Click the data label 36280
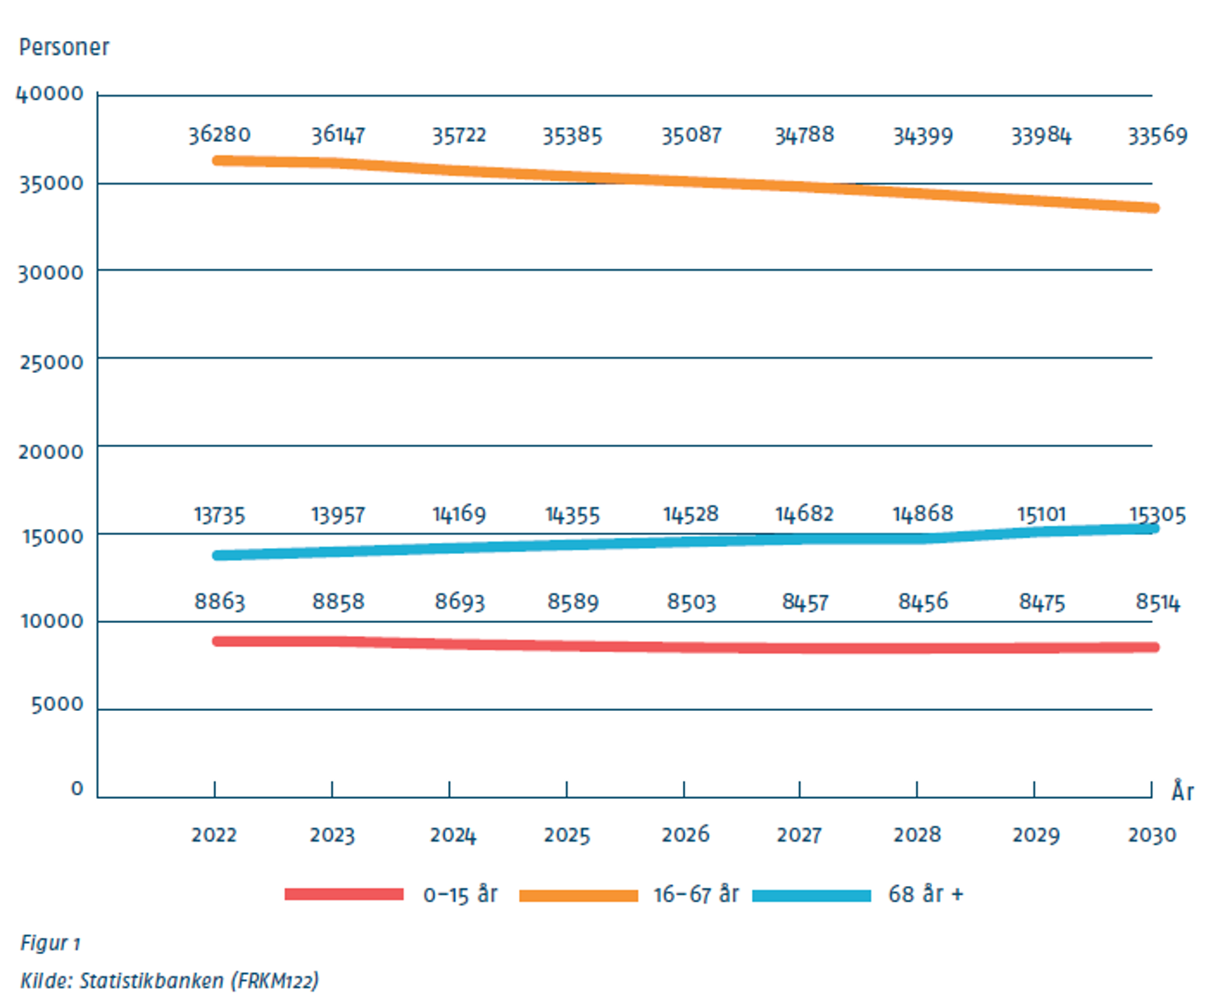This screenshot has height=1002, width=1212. click(x=219, y=135)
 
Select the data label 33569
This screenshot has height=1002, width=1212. click(x=1157, y=136)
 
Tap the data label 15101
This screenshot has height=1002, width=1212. click(x=1040, y=514)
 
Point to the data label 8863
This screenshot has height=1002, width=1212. click(x=219, y=602)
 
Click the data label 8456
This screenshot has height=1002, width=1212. click(x=923, y=602)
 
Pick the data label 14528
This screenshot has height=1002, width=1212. click(x=690, y=514)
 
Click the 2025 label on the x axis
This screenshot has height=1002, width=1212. click(x=567, y=835)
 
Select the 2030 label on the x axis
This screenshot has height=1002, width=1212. click(x=1151, y=835)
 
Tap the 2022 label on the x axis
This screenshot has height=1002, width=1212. click(x=213, y=835)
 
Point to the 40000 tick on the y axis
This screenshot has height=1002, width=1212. click(x=50, y=94)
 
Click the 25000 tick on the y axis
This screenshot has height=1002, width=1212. click(x=51, y=362)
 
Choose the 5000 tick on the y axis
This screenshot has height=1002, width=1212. click(x=57, y=705)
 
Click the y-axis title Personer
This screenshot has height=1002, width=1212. click(x=64, y=47)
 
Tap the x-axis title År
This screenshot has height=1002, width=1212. click(x=1182, y=791)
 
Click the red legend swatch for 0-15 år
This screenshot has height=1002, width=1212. click(x=344, y=894)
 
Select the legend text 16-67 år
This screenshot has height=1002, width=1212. click(x=696, y=894)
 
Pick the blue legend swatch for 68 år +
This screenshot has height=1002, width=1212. click(x=812, y=895)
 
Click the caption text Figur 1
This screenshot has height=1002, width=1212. click(x=50, y=943)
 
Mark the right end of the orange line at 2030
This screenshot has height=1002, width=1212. click(x=1154, y=208)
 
